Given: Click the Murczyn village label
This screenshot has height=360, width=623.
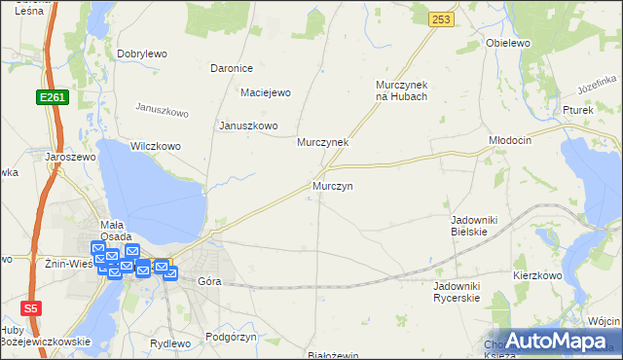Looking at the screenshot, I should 332,185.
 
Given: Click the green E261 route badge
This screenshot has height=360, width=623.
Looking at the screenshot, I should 53,97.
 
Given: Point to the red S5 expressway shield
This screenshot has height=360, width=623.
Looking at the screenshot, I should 33,307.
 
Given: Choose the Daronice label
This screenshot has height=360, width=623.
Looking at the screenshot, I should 232,68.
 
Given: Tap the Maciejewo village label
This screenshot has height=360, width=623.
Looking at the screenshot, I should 266,93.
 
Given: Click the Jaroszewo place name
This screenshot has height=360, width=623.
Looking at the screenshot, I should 68,156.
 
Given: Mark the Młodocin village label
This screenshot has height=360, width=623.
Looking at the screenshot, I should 510,140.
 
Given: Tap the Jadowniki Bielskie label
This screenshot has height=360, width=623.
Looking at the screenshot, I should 474,226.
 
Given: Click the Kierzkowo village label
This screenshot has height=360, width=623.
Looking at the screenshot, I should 538,275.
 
